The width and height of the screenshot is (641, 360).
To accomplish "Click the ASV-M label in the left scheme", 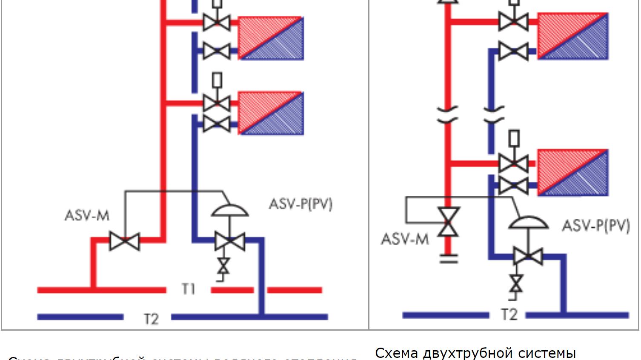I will pos(87,215).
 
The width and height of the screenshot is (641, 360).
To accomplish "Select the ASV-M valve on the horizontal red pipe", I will pos(124,241).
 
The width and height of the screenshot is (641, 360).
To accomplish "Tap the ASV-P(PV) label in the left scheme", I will pos(300,204).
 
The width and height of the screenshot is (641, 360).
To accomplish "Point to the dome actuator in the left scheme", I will pos(230,210).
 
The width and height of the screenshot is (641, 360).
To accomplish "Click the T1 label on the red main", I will pos(188,289).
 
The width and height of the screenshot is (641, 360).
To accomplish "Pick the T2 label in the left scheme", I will pos(151,319).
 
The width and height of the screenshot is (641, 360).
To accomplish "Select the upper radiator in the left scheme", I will pos(271,38).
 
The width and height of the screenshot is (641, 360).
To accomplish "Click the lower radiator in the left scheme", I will pos(271,113).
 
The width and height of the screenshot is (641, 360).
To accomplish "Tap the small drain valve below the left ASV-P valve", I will pos(223,267).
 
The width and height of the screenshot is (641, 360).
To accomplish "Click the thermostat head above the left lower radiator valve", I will pos(217,80).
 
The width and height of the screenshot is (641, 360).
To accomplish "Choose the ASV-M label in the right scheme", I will pos(405,239).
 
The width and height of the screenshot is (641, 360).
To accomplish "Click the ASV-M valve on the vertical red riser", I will pos(448,222).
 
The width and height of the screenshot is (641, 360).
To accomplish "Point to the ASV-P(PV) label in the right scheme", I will pos(596,225).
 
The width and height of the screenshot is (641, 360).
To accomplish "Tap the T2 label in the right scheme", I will pos(509,314).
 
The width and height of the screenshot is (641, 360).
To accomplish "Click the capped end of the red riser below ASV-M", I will pos(448,258).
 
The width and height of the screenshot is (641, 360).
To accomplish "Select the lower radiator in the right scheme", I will pos(572,172).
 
